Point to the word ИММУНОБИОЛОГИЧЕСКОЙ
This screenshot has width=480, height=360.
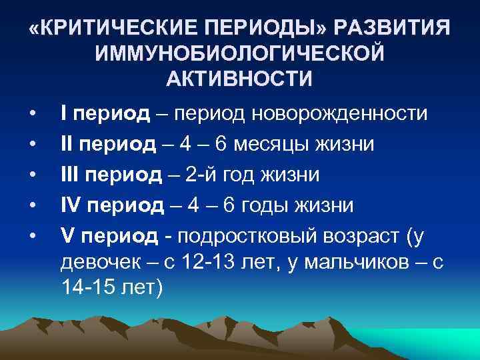tap(240, 54)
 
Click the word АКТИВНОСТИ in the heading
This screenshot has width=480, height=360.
tap(239, 79)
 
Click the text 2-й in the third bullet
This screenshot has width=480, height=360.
tap(201, 175)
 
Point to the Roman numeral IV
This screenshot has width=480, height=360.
tap(72, 205)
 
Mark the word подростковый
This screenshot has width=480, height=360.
tap(253, 236)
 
